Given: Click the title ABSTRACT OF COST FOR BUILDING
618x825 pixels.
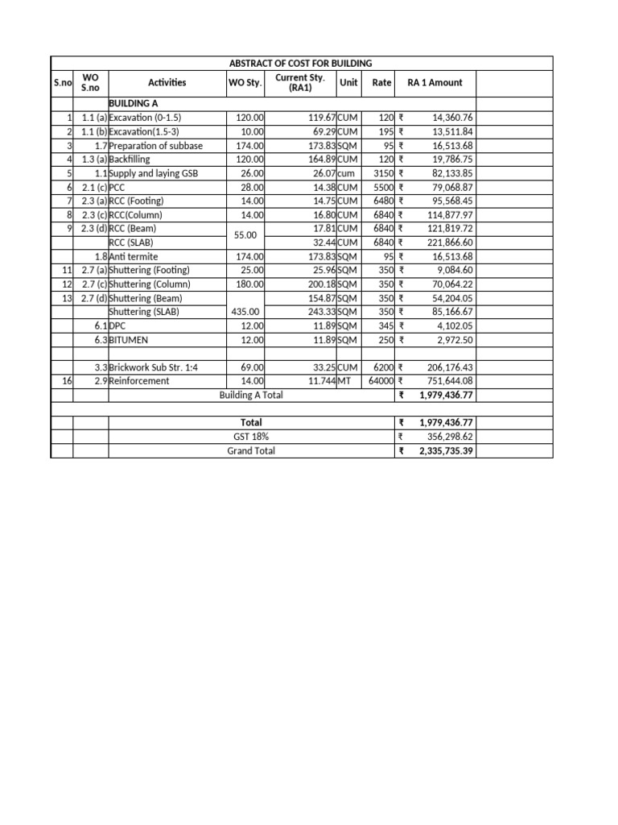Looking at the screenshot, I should [x=302, y=64].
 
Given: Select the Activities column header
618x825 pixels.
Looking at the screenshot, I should [x=167, y=82].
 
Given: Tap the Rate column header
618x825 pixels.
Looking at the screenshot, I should [x=381, y=82].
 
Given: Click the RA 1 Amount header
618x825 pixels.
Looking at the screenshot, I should [x=435, y=82].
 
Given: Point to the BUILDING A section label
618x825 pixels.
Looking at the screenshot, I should [x=133, y=104].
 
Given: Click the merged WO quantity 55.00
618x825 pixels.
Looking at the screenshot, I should [x=244, y=235].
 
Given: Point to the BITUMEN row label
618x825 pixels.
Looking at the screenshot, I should [x=130, y=339].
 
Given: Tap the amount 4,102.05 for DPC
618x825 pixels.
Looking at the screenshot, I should [x=455, y=325].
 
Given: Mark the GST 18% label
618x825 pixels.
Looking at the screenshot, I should [x=251, y=437].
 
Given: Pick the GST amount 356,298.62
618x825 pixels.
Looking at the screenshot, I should [x=448, y=437].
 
